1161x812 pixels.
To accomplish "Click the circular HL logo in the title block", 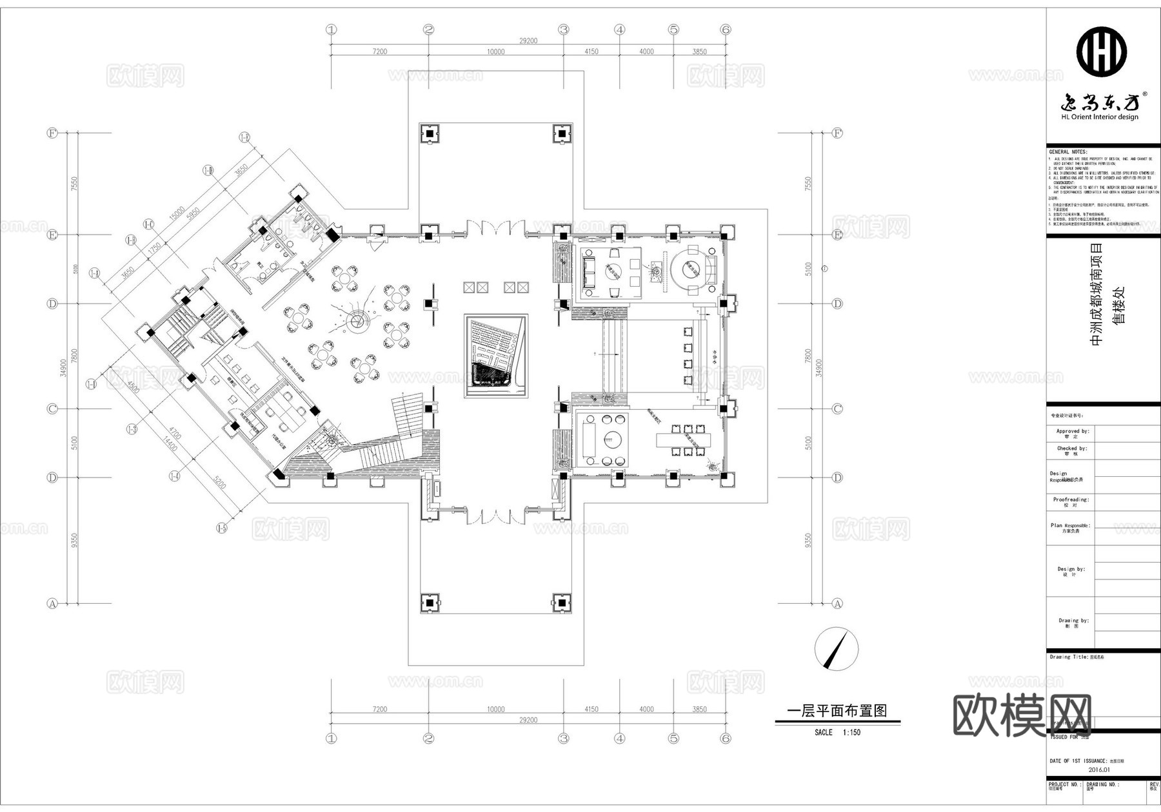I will coord(1101,50).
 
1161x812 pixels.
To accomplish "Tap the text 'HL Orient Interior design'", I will coord(1100,117).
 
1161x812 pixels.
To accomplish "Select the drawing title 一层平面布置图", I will coord(837,711).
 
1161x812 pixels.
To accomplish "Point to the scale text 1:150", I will coord(851,733).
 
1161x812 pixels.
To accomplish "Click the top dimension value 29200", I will coord(528,41).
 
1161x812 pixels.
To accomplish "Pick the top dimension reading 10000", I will coord(495,52).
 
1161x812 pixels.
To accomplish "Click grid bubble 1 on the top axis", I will coord(332,30).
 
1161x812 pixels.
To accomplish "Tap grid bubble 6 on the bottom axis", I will coord(726,739).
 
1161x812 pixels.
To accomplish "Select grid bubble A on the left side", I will coord(53,604).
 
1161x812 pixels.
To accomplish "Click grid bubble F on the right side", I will coord(837,133).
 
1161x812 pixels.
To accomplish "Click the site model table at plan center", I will coord(496,356).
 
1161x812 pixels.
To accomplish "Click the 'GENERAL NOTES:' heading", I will coord(1067,151).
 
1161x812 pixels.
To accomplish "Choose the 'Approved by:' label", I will coord(1072,431).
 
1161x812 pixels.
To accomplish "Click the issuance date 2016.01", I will coord(1099,769).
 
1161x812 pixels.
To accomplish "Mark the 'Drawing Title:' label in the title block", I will coord(1069,657).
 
